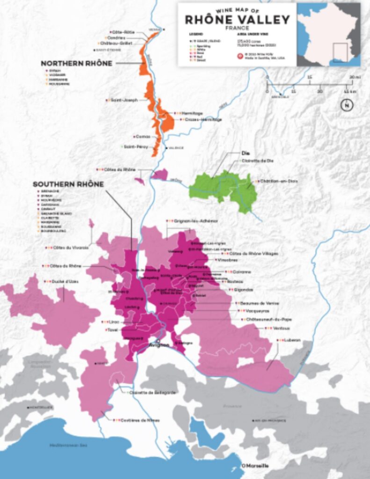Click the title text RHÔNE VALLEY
tap(237, 20)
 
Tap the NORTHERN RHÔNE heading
tap(76, 63)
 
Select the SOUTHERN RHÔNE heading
tap(68, 184)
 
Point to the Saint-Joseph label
tap(123, 100)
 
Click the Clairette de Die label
tap(258, 160)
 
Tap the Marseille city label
tap(255, 465)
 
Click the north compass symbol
tap(346, 105)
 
